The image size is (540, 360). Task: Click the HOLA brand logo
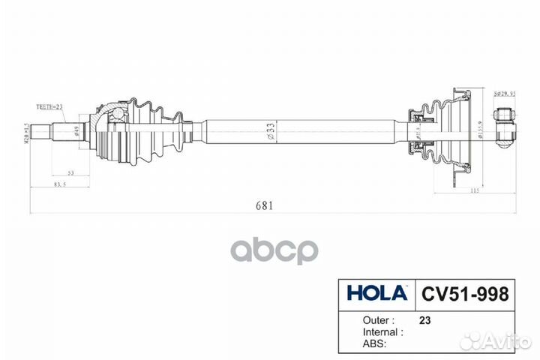pyautogui.click(x=376, y=292)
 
